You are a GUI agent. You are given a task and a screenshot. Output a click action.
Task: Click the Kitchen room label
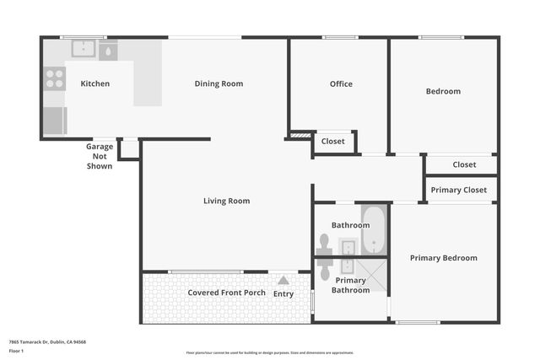tap(94, 83)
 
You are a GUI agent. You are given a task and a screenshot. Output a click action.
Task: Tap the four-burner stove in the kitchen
tap(54, 79)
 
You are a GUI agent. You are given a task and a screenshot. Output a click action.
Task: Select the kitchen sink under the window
tap(83, 49)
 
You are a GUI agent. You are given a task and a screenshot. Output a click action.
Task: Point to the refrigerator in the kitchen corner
tap(55, 121)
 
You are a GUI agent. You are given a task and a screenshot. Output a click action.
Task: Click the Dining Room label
tap(219, 83)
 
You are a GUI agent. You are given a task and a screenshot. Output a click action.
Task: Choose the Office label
tap(341, 83)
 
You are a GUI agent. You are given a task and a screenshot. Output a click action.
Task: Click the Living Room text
tap(226, 201)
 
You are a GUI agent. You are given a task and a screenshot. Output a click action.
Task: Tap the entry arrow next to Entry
tap(283, 281)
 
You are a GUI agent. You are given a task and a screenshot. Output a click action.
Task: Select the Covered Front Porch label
tap(226, 293)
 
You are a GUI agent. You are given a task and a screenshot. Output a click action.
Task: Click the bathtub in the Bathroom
tap(374, 229)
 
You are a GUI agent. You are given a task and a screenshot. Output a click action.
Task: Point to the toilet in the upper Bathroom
tap(323, 244)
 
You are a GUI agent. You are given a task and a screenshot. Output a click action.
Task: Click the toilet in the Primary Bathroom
tap(323, 268)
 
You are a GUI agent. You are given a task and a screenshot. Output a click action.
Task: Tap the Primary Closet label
tap(458, 190)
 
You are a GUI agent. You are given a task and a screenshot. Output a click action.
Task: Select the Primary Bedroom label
tap(443, 258)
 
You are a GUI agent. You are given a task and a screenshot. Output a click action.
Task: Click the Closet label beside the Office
tap(333, 142)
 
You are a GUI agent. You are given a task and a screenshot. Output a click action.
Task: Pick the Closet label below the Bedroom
tap(464, 164)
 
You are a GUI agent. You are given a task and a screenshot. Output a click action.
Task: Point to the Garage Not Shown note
tap(99, 156)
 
